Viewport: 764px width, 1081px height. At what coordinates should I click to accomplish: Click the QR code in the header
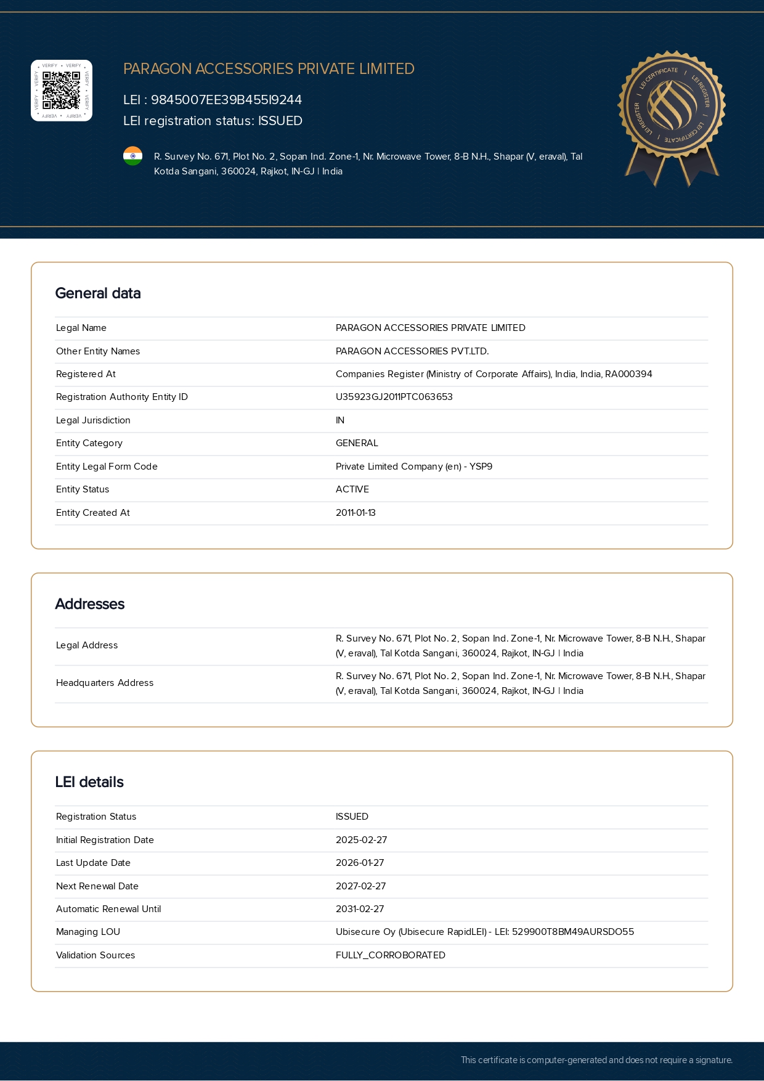click(x=62, y=91)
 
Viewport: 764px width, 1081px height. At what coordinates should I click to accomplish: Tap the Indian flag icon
click(x=132, y=156)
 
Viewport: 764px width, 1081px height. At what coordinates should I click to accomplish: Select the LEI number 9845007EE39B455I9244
click(x=226, y=100)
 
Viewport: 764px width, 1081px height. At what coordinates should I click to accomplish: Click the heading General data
click(x=98, y=293)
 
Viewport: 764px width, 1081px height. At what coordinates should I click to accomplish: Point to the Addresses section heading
click(x=90, y=604)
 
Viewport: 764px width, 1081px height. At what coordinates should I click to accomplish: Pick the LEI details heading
click(x=89, y=782)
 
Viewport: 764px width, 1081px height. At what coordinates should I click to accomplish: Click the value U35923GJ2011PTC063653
click(x=394, y=397)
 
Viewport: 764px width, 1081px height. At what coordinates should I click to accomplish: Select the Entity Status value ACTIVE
click(x=352, y=489)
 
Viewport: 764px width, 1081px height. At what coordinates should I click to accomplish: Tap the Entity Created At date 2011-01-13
click(x=356, y=513)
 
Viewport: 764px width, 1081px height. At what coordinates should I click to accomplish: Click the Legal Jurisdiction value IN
click(x=340, y=420)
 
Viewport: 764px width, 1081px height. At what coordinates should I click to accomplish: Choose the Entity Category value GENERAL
click(x=357, y=443)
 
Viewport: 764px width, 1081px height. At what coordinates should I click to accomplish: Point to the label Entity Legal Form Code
click(x=107, y=467)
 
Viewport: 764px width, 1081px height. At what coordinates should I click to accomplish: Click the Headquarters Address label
click(x=105, y=683)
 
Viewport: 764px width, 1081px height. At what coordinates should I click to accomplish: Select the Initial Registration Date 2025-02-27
click(x=361, y=840)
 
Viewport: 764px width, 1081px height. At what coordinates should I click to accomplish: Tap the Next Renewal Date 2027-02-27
click(x=360, y=886)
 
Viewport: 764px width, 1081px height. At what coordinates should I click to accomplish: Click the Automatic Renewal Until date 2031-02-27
click(x=360, y=909)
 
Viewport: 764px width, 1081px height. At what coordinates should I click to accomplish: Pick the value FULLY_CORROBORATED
click(x=391, y=955)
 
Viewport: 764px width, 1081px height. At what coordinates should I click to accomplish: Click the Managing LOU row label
click(x=88, y=932)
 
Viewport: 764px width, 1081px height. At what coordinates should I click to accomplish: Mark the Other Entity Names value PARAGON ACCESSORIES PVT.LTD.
click(x=412, y=351)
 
